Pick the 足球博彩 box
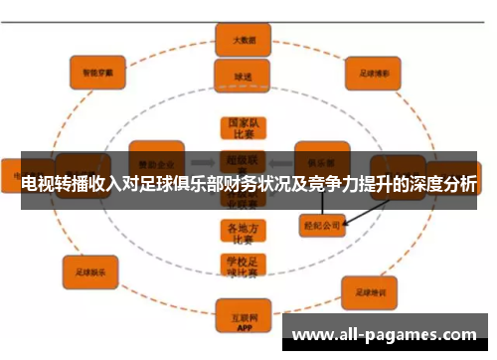click(373, 71)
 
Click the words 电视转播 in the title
click(52, 185)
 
